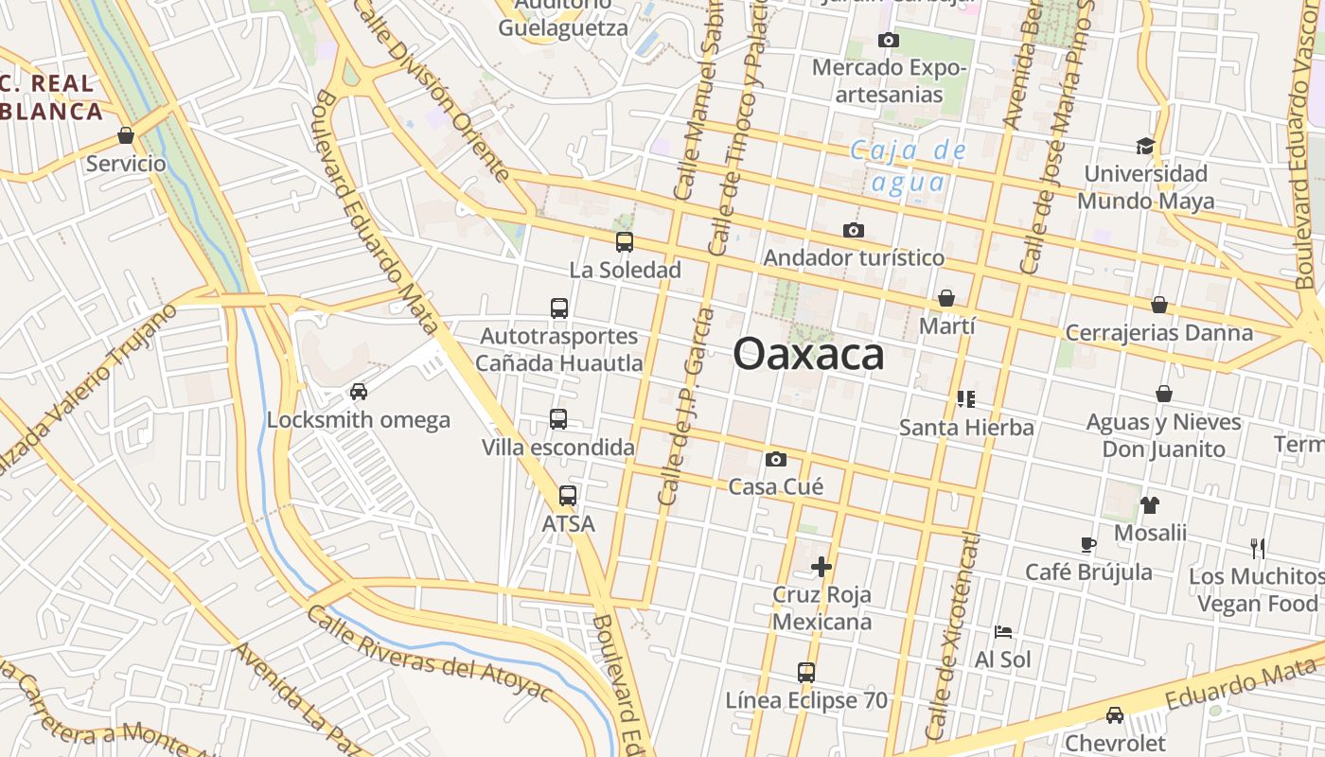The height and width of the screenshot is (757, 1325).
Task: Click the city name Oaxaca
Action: tap(808, 354)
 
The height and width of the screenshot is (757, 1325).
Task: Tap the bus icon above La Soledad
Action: tap(625, 242)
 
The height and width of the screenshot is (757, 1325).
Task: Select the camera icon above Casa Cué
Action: tap(775, 460)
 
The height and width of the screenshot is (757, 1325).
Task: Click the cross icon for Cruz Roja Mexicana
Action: tap(821, 567)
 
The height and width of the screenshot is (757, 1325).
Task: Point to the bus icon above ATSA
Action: tap(568, 496)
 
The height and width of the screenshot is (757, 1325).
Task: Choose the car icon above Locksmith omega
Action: tap(359, 392)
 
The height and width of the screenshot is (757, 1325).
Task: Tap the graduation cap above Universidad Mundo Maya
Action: tap(1145, 146)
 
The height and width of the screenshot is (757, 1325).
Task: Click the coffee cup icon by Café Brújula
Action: tap(1088, 544)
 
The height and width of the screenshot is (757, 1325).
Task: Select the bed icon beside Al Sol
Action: tap(1003, 631)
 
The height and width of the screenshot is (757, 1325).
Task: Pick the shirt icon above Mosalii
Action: tap(1149, 505)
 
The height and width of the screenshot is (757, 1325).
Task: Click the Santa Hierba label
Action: tap(966, 428)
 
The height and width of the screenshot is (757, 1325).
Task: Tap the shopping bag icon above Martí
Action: tap(946, 299)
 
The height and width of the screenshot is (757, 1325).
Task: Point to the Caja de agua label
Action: tap(908, 166)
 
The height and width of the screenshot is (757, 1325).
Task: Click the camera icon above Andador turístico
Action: tap(853, 231)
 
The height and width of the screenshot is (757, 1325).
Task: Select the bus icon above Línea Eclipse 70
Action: tap(806, 673)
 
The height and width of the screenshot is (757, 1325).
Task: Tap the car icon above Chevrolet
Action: tap(1115, 715)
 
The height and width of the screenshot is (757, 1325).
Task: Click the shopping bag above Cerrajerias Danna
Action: tap(1159, 305)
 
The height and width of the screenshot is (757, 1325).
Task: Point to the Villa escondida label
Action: tap(558, 448)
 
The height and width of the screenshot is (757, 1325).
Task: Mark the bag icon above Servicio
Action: tap(126, 136)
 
